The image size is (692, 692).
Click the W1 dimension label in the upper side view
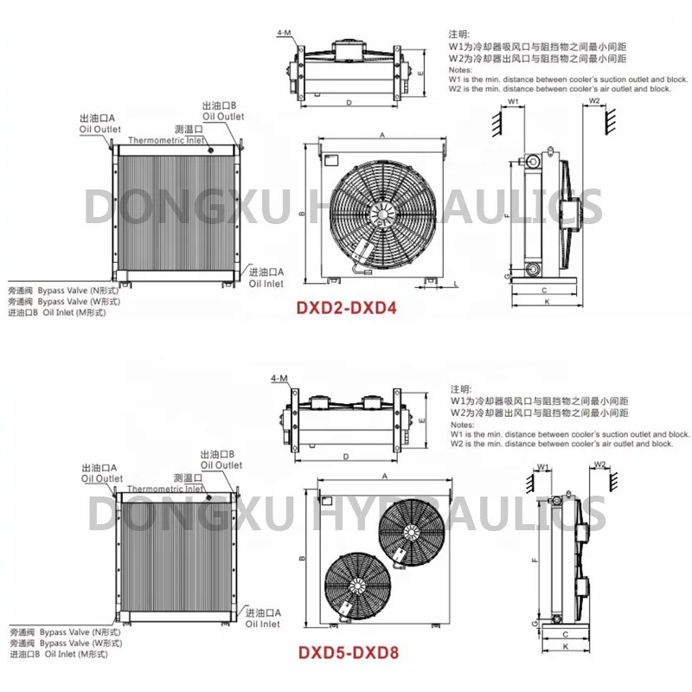click(514, 102)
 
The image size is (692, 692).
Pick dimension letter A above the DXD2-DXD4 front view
click(381, 135)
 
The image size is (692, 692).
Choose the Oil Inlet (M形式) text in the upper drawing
click(76, 312)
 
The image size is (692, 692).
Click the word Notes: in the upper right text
click(459, 69)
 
